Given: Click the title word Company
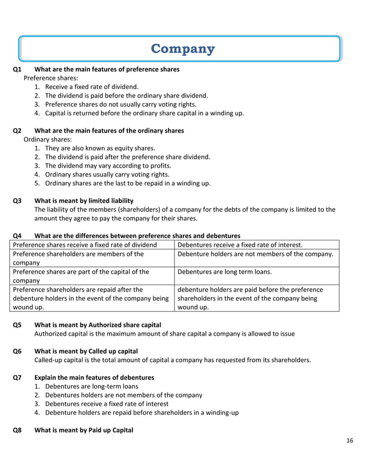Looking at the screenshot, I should tap(182, 49).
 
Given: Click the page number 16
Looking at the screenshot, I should tap(350, 440).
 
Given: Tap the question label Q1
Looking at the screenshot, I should tap(17, 69).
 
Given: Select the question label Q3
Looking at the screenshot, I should tap(17, 201).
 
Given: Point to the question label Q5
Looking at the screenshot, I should tap(17, 324).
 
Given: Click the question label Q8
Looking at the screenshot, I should tap(17, 430).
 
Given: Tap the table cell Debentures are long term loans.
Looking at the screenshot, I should tap(224, 272).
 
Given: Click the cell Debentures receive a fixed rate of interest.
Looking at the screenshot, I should tap(240, 245).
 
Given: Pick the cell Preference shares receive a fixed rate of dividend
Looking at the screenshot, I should tap(84, 245).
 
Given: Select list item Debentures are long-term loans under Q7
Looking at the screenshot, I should tap(91, 386).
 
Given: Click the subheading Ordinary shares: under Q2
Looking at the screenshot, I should tap(48, 139).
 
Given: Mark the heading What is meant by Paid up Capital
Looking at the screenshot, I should tap(84, 430).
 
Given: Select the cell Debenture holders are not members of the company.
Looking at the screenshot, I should tap(256, 254).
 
